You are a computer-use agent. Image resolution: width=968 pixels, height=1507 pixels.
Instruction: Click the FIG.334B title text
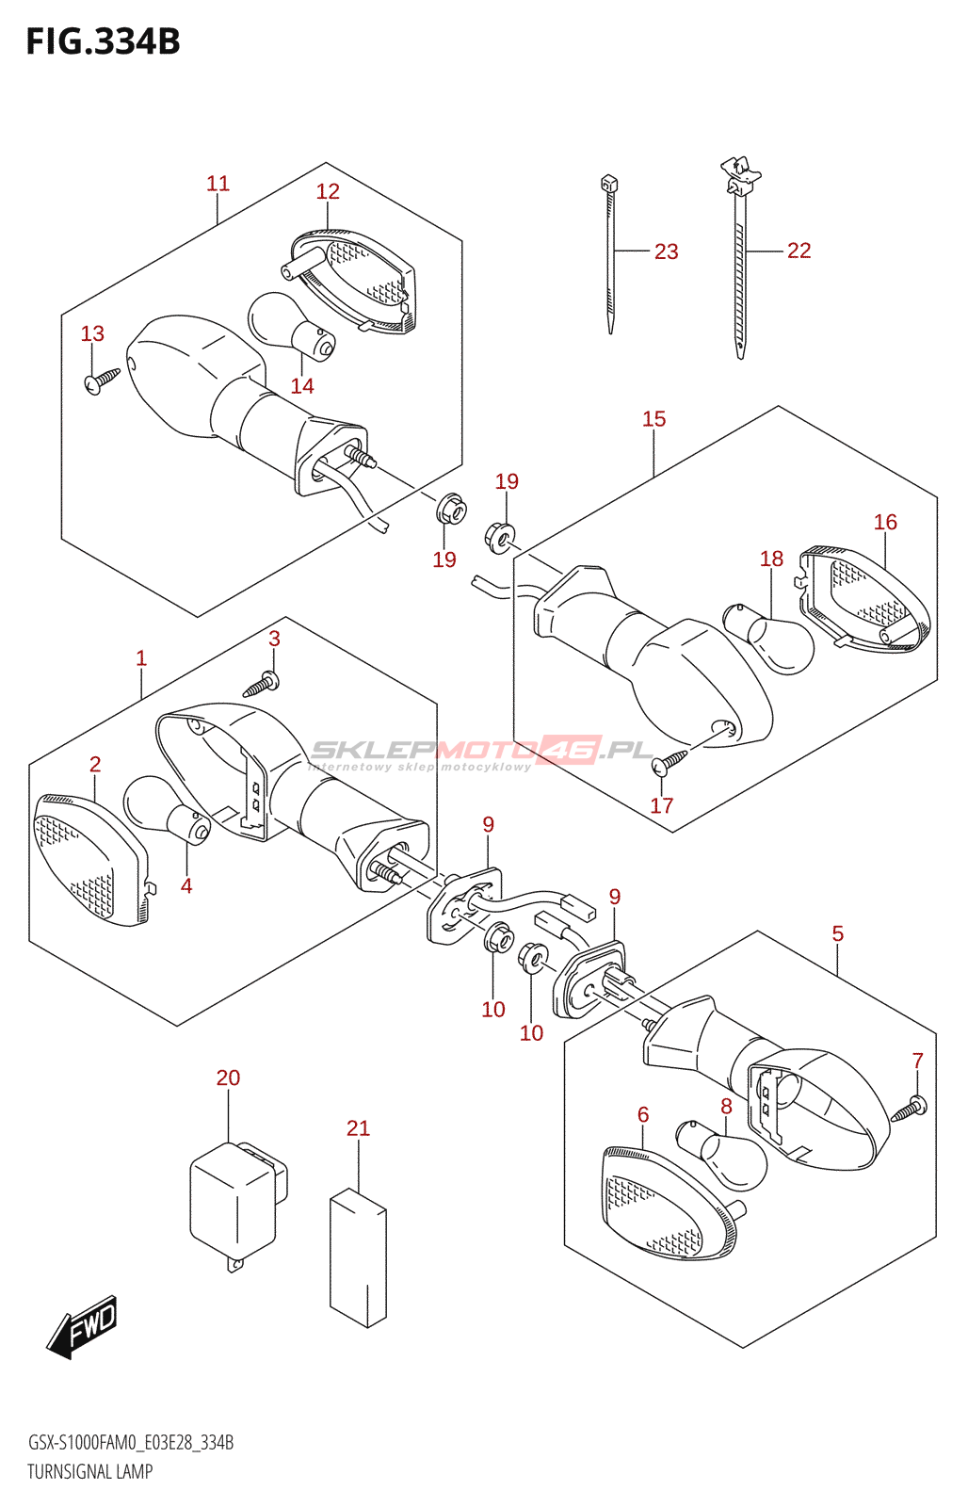coord(103,42)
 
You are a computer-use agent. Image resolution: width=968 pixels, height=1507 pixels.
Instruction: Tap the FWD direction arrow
coord(84,1325)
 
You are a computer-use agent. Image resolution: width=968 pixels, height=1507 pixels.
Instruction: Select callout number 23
coord(666,251)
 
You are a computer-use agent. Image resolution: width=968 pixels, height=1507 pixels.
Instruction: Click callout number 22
coord(799,251)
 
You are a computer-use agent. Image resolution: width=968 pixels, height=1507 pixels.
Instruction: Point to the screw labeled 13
coord(102,380)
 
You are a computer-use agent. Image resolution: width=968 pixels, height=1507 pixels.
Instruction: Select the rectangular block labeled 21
coord(358,1257)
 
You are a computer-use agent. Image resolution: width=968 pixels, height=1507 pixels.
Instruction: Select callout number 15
coord(653,419)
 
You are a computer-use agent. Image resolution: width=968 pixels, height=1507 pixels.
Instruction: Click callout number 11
coord(218,184)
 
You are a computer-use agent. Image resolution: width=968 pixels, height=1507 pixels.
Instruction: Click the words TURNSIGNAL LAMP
coord(89,1471)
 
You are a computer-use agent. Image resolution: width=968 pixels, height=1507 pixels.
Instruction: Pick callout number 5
coord(837,933)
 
